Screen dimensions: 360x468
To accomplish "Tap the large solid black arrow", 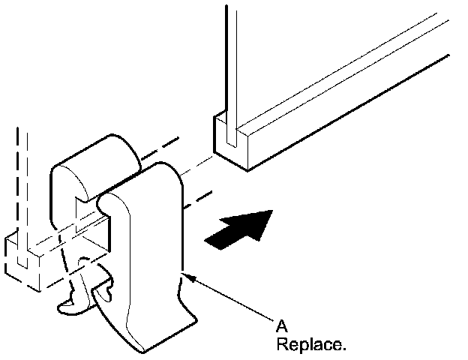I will (x=238, y=228).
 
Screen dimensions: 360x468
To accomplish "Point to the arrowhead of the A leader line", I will (x=187, y=277).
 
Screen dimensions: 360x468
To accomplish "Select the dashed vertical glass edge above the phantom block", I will (x=22, y=187).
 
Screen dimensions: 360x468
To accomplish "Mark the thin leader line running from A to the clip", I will (x=232, y=301).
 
